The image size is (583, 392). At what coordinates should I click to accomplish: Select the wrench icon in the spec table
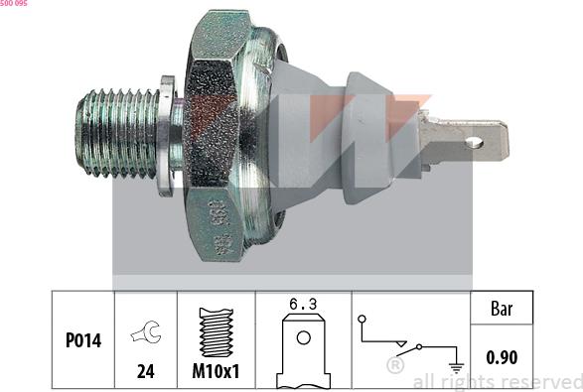click(145, 335)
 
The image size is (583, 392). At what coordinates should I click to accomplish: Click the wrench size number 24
click(145, 373)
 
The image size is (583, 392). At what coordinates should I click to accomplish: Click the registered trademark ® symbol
click(394, 365)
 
